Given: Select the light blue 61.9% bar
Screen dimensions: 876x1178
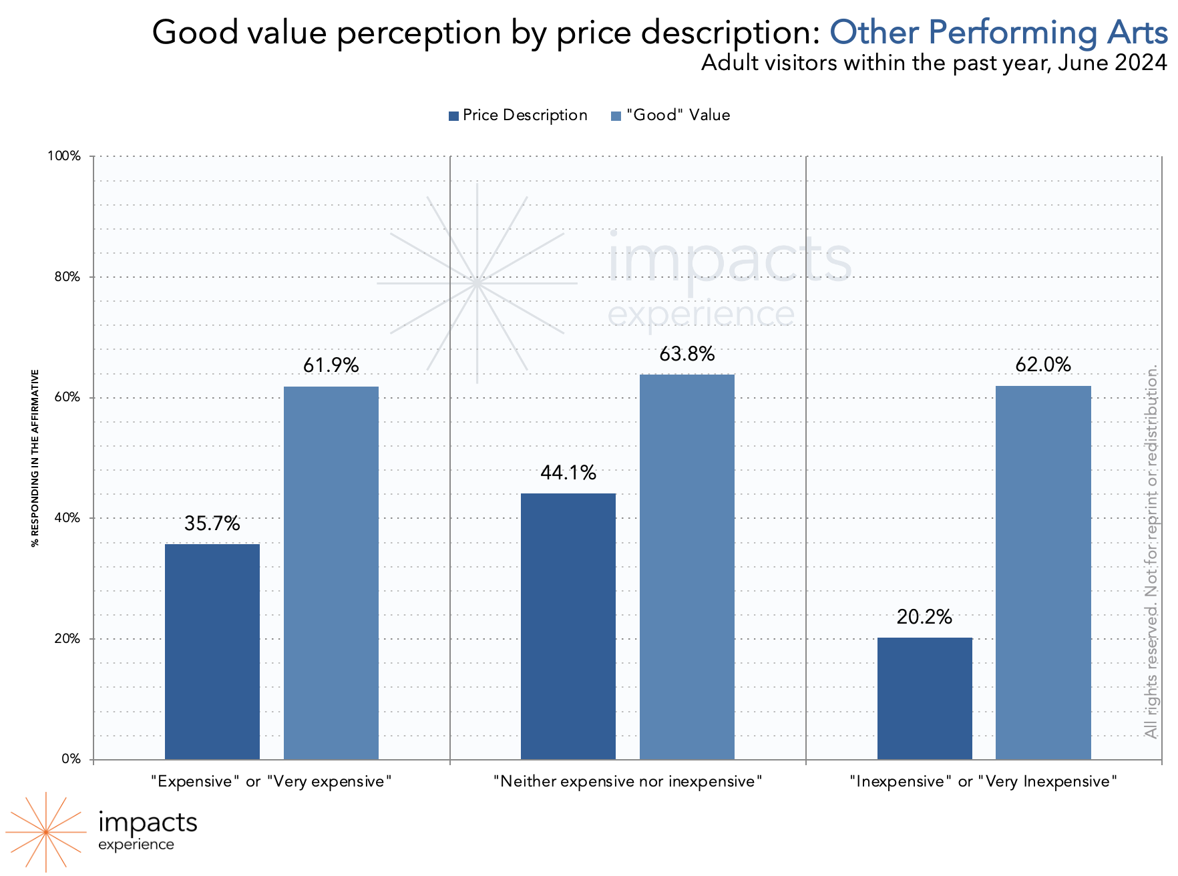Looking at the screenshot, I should pyautogui.click(x=331, y=572).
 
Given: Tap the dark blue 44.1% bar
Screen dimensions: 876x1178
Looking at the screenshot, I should pyautogui.click(x=568, y=626).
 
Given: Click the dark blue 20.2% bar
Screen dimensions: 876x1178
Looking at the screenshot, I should pyautogui.click(x=925, y=698).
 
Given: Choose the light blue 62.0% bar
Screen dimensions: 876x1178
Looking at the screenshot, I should pyautogui.click(x=1043, y=572).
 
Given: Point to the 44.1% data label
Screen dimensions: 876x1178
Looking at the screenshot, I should pyautogui.click(x=568, y=473).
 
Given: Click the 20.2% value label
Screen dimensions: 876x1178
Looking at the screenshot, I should pyautogui.click(x=925, y=617).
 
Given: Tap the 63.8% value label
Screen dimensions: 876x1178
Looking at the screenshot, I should pyautogui.click(x=687, y=354).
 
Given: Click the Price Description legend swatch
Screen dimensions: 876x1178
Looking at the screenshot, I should pyautogui.click(x=454, y=116).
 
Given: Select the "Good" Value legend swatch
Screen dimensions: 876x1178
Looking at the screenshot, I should pyautogui.click(x=616, y=116).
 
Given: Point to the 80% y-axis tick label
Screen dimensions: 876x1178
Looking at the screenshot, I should pyautogui.click(x=67, y=277).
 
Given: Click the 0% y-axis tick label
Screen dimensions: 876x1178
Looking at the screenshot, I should pyautogui.click(x=71, y=759).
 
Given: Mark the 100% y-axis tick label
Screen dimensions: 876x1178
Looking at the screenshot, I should pyautogui.click(x=64, y=156).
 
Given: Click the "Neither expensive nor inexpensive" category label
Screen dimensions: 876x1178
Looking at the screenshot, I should pyautogui.click(x=628, y=781).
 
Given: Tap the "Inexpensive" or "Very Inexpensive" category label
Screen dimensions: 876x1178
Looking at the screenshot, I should pyautogui.click(x=984, y=781).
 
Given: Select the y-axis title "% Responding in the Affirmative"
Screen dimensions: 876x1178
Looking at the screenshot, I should pyautogui.click(x=35, y=458).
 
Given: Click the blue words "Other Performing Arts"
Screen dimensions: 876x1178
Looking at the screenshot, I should pyautogui.click(x=998, y=32).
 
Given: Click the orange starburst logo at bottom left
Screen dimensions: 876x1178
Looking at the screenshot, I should pyautogui.click(x=45, y=832).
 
